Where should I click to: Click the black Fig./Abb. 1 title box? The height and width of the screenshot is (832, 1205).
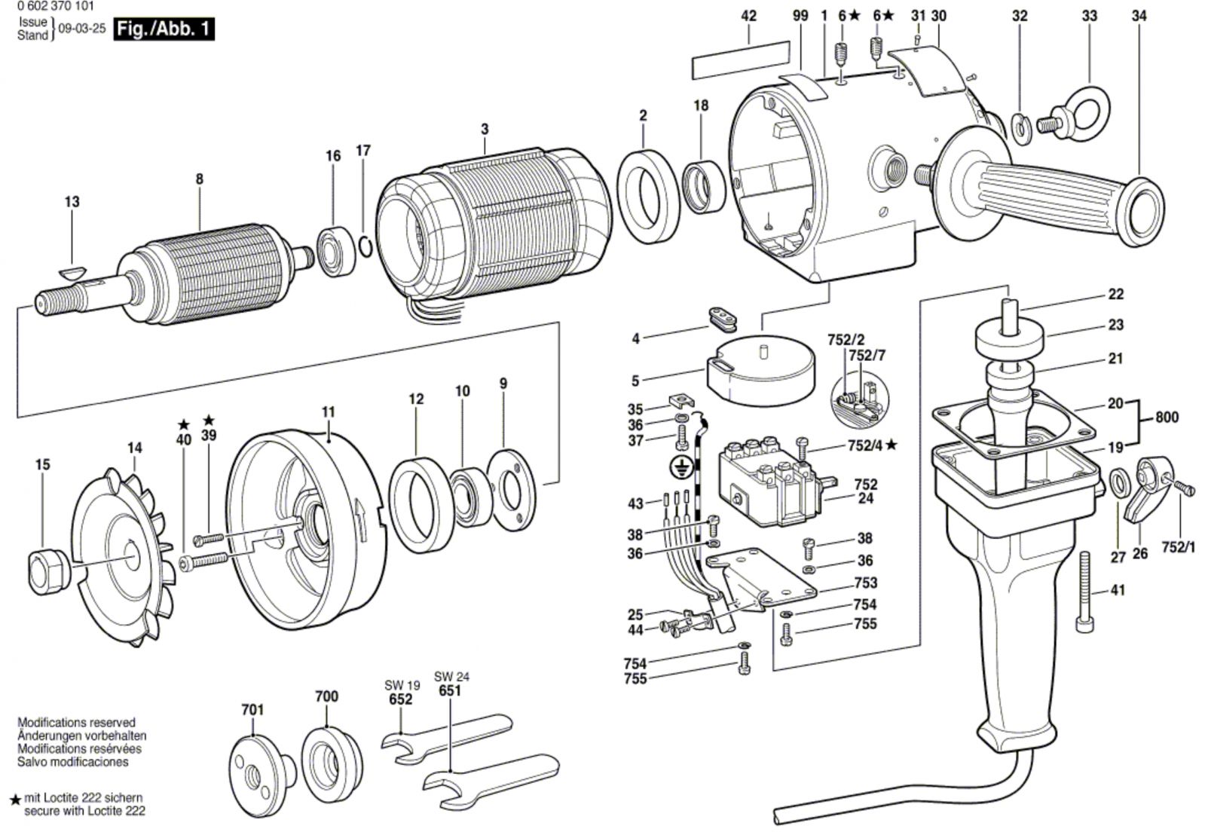[x=164, y=29]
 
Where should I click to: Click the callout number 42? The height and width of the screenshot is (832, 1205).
[x=748, y=16]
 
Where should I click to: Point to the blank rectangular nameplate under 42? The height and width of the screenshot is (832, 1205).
[x=742, y=61]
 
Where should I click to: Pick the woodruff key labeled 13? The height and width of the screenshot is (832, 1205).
[x=73, y=271]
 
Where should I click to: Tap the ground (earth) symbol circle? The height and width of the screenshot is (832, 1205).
[x=681, y=469]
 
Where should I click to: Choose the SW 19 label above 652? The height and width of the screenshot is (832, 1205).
[x=402, y=685]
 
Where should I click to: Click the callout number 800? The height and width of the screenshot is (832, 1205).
[x=1167, y=417]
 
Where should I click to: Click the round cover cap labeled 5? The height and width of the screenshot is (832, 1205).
[x=760, y=369]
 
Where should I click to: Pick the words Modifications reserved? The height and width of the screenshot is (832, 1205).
[x=76, y=722]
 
